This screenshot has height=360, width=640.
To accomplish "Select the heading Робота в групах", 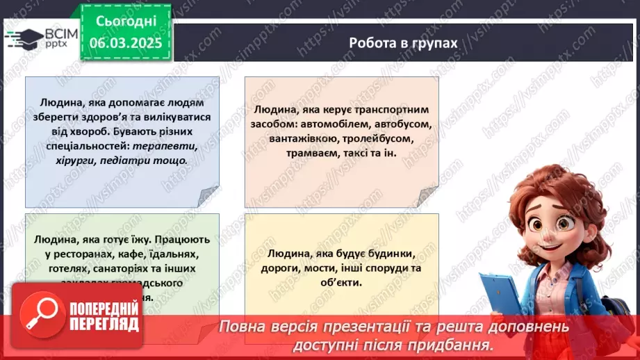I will pyautogui.click(x=403, y=43).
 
